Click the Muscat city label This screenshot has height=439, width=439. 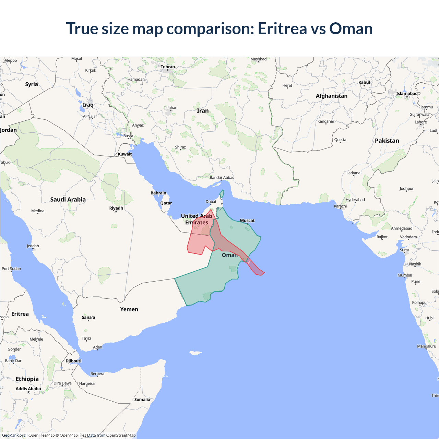point(247,221)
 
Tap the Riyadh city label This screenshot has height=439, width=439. point(116,208)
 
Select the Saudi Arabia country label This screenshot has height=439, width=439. point(68,200)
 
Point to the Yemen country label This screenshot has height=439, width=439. point(129,309)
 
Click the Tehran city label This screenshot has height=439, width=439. point(168,67)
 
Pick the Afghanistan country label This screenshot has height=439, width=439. point(331,96)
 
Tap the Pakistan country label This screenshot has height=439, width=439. point(387,141)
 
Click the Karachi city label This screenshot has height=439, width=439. point(340,206)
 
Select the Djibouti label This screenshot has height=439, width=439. point(73,361)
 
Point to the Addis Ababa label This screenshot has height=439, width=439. point(28,389)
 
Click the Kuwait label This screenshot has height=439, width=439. point(125,154)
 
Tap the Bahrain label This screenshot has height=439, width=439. point(158,193)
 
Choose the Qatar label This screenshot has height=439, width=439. point(166,203)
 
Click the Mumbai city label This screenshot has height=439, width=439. point(405,275)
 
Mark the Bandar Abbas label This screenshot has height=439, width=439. point(222,178)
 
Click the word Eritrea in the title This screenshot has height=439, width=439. point(282,28)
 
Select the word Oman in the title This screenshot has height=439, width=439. point(351,28)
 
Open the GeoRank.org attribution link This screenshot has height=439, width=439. point(14,435)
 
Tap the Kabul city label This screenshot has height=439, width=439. point(364,82)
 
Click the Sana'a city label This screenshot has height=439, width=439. point(88,317)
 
